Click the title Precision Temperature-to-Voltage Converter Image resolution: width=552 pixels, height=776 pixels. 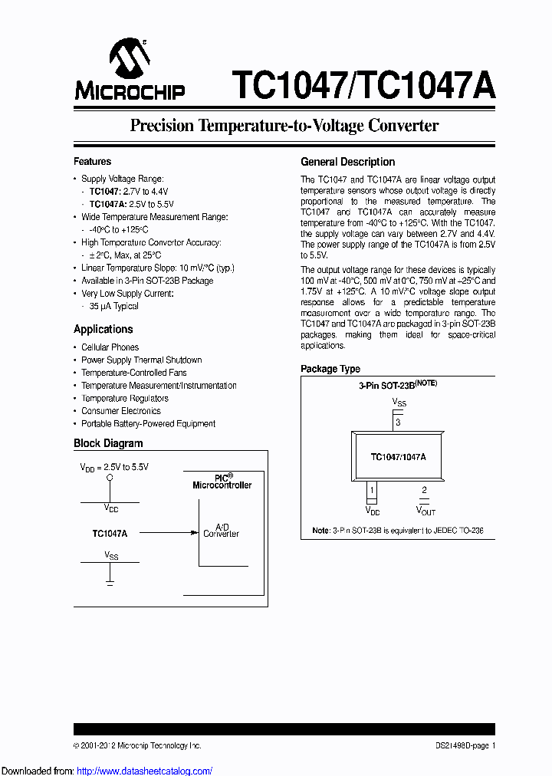click(x=284, y=126)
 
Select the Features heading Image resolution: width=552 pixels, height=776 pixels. click(x=92, y=162)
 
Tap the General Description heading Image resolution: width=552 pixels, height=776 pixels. click(x=347, y=162)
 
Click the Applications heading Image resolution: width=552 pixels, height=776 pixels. click(x=103, y=329)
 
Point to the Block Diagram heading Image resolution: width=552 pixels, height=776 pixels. click(x=108, y=443)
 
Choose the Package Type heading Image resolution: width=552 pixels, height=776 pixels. click(x=330, y=369)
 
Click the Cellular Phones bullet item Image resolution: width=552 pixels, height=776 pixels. click(x=110, y=347)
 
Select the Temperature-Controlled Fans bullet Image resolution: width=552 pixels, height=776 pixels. click(x=133, y=373)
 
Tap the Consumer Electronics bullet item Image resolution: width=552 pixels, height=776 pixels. click(x=121, y=411)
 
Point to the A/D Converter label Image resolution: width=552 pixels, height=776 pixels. click(x=221, y=531)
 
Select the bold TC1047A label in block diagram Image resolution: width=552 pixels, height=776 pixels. click(x=109, y=533)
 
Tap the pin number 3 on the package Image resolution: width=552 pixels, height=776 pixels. click(x=397, y=423)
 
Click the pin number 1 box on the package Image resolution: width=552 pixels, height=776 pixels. click(x=372, y=490)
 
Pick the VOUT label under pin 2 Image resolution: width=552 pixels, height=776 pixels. click(x=426, y=510)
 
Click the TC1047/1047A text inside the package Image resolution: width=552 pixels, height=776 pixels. click(x=398, y=456)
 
